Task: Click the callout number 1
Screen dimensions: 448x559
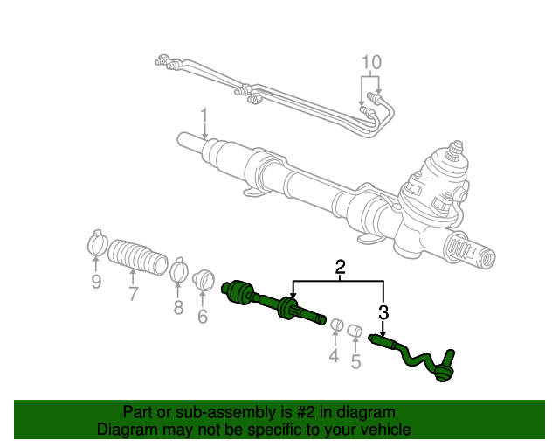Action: [204, 115]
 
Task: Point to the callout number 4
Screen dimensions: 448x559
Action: [333, 355]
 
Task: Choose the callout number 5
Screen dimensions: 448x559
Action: [355, 360]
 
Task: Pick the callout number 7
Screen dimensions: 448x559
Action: [133, 294]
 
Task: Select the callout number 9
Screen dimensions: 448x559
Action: [96, 281]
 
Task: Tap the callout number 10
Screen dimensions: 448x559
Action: [371, 63]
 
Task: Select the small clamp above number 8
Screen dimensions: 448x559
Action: [178, 269]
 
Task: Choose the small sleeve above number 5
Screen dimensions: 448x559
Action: [355, 331]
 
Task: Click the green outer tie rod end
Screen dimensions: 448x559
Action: [418, 358]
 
